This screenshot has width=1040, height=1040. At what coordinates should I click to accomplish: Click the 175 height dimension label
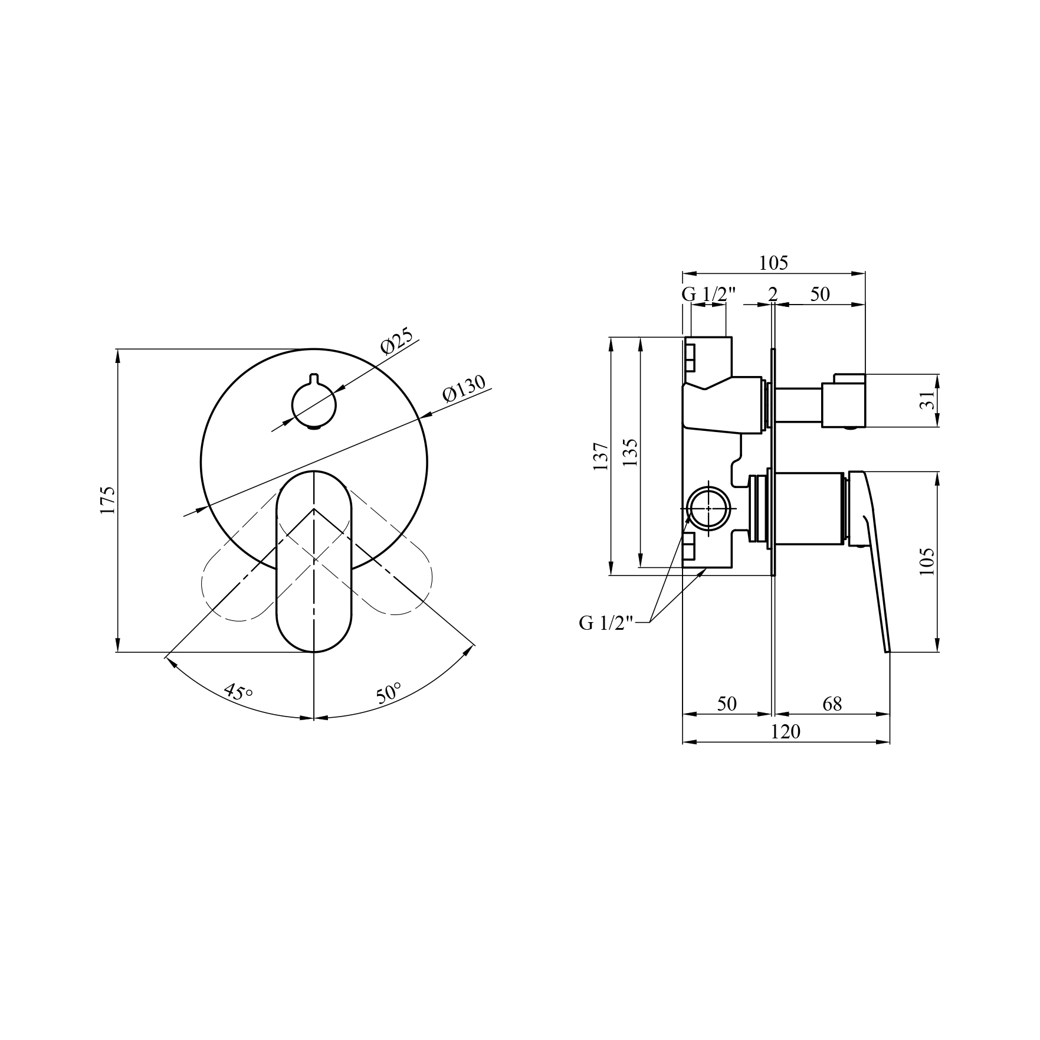[x=109, y=501]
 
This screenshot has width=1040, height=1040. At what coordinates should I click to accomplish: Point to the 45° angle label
[x=238, y=692]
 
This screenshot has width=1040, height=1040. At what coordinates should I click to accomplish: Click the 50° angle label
[x=389, y=693]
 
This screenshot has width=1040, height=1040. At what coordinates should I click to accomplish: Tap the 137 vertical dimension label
[x=601, y=456]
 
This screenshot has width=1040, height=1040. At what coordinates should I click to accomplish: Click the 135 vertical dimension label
[x=630, y=453]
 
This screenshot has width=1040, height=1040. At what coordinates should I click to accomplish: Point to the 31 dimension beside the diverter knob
[x=928, y=400]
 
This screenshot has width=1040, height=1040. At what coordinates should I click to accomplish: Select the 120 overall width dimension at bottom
[x=785, y=732]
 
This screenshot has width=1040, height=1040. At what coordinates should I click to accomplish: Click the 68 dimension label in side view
[x=832, y=704]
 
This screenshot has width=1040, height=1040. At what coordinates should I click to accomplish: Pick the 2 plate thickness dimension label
[x=773, y=294]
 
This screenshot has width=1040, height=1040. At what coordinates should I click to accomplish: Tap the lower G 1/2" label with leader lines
[x=606, y=623]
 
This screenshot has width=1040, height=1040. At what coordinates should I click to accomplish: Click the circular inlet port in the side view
[x=708, y=508]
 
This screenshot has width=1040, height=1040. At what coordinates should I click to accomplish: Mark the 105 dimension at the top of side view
[x=773, y=263]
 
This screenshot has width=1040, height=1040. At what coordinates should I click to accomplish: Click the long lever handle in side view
[x=872, y=561]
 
